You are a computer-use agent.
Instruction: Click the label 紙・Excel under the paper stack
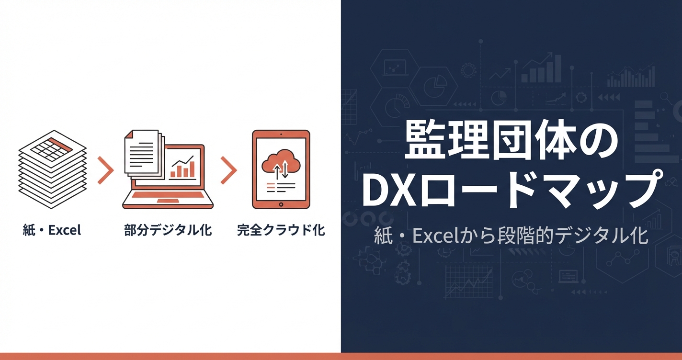point(52,230)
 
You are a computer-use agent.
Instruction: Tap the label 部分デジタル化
point(168,230)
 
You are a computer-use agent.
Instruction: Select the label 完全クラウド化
point(281,230)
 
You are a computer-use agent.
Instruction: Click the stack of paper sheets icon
point(52,170)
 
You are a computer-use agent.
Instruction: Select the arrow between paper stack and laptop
point(105,170)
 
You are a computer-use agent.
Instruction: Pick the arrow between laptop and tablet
point(229,170)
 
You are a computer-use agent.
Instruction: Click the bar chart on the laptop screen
point(184,169)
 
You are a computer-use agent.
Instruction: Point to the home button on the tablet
point(281,204)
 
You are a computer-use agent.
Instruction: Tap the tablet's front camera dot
point(281,134)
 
